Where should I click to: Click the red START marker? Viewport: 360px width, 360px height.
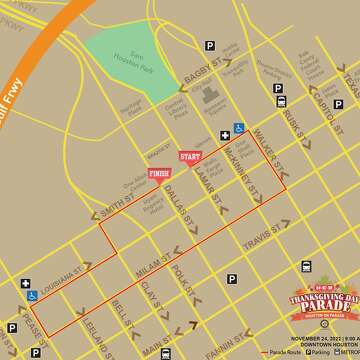[x=190, y=156]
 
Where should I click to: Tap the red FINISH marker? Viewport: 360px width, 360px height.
[x=159, y=173]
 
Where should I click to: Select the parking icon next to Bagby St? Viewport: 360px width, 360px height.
[x=210, y=45]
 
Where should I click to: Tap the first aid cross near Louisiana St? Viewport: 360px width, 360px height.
[x=23, y=283]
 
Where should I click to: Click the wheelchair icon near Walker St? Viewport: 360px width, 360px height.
[x=239, y=128]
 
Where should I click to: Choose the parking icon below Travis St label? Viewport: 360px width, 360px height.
[x=232, y=279]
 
